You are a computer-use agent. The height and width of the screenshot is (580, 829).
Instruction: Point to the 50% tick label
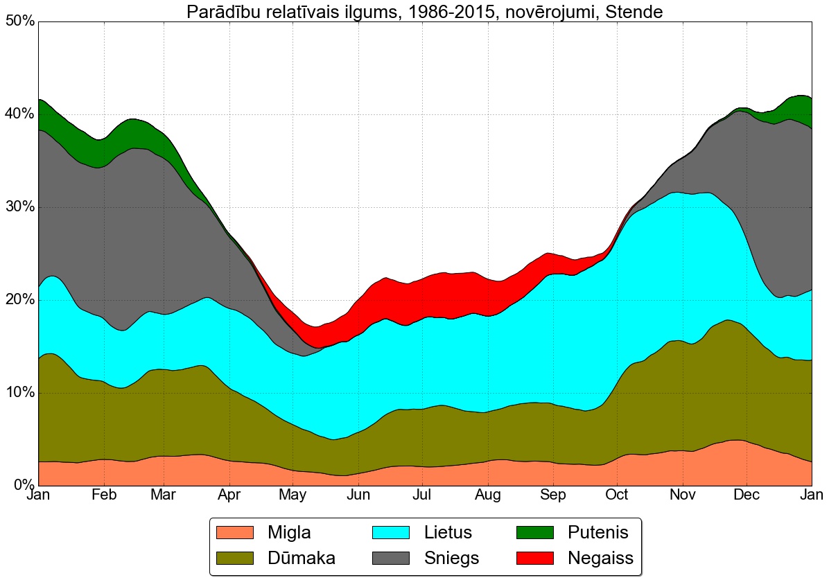click(x=19, y=21)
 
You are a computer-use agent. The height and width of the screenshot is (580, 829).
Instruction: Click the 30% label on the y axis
click(x=19, y=207)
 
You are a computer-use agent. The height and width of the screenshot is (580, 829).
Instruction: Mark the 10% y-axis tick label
click(x=19, y=393)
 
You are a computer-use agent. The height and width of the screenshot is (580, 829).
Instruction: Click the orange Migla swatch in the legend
click(x=235, y=532)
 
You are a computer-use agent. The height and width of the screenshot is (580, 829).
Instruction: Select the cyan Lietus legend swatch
click(x=392, y=532)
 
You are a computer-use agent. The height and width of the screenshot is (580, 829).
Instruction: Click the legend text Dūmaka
click(x=302, y=558)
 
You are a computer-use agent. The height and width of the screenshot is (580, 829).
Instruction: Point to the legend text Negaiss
click(x=600, y=558)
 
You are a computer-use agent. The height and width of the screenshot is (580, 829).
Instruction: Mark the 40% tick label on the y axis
click(x=19, y=114)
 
